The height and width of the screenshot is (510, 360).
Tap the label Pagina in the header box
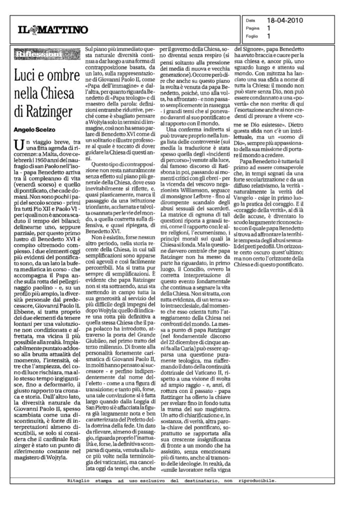tap(254, 29)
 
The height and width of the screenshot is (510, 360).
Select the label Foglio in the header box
tap(253, 36)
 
